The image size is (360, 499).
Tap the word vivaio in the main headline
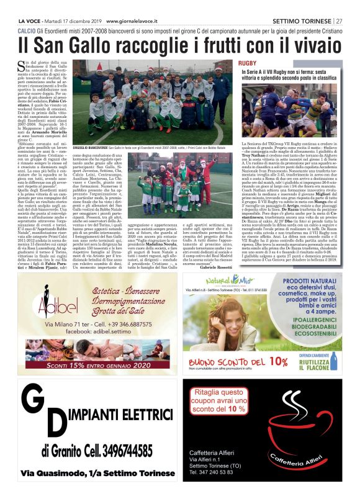[x=313, y=45]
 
